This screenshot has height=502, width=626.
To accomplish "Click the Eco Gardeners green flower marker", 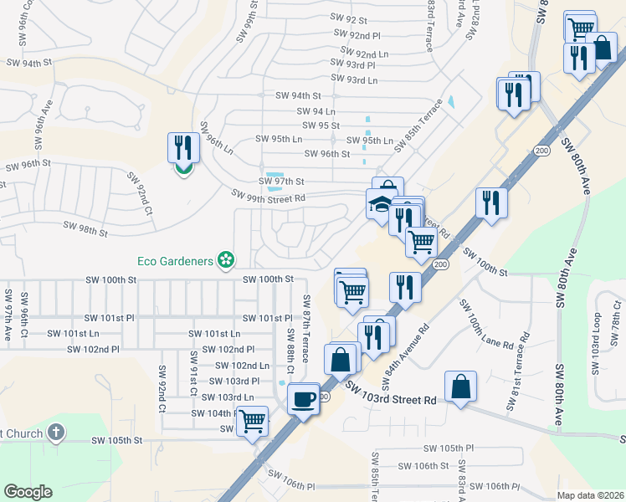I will [224, 261].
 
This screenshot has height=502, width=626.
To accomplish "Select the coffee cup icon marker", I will [303, 398].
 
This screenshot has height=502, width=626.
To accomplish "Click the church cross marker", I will [55, 433].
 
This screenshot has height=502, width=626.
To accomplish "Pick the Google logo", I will [28, 492].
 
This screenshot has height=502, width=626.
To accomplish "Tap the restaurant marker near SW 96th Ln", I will [182, 148].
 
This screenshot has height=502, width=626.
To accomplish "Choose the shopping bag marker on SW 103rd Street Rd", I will [460, 387].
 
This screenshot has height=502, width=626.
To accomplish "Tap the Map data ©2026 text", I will [590, 495].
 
